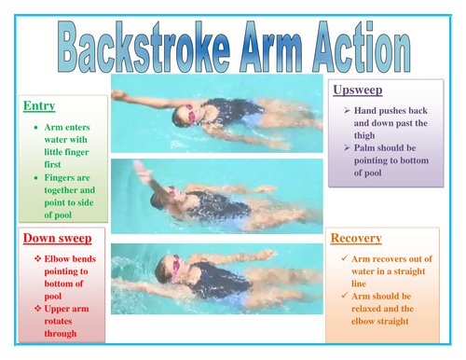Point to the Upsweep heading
tap(356, 89)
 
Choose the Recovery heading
tap(356, 238)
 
